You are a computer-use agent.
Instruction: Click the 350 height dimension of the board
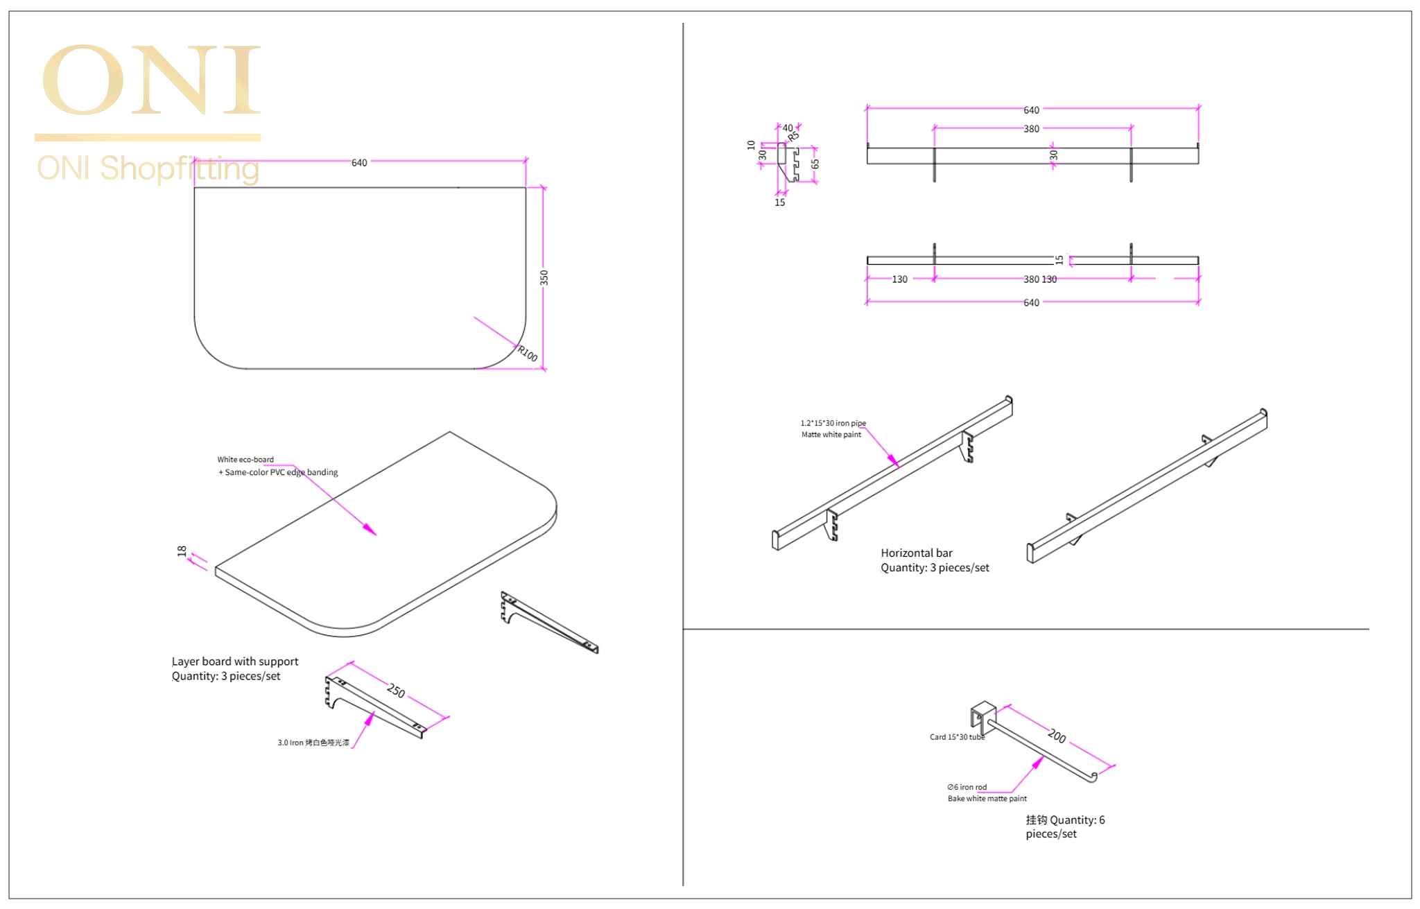(x=544, y=277)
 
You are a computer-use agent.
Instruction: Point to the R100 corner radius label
(x=528, y=354)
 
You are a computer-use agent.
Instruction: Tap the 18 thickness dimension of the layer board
(x=182, y=551)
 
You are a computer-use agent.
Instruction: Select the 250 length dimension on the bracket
(x=396, y=691)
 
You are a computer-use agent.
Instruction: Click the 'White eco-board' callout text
(x=245, y=460)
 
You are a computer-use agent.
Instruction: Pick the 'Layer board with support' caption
(x=235, y=661)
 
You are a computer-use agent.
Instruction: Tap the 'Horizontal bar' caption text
(x=916, y=553)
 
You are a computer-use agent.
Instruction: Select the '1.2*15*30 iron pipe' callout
(x=833, y=423)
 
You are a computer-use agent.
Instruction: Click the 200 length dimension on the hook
(x=1057, y=736)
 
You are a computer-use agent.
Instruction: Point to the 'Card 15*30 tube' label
(x=957, y=737)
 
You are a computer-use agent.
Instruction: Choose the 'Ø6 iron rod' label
(x=967, y=787)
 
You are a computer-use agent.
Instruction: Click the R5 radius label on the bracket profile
(x=794, y=137)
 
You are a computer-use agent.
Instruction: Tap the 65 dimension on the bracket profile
(x=815, y=164)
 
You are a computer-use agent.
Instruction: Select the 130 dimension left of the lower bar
(x=899, y=279)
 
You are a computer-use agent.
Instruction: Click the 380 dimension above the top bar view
(x=1031, y=129)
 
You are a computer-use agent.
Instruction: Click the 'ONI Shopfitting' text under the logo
(x=148, y=168)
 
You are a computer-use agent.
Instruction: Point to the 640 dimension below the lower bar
(x=1031, y=303)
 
